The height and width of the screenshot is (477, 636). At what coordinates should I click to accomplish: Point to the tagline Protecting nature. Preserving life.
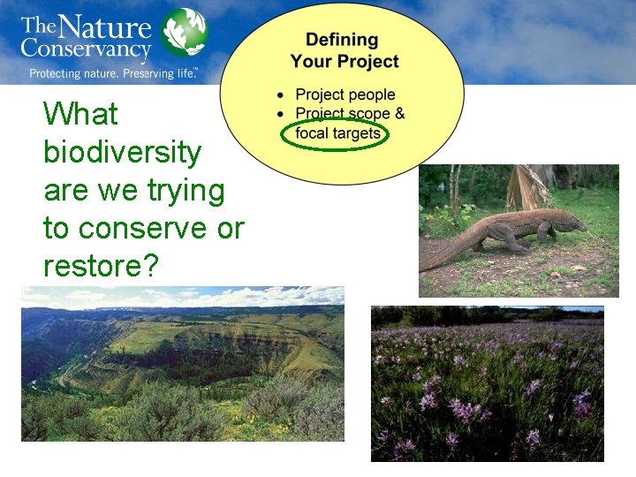[x=113, y=73]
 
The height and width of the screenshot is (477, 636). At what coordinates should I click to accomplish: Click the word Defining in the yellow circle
[x=341, y=40]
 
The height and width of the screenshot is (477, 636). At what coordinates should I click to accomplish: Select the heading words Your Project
[x=344, y=62]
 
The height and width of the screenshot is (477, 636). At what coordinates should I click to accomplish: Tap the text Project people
[x=344, y=95]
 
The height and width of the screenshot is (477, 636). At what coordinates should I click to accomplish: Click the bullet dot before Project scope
[x=280, y=114]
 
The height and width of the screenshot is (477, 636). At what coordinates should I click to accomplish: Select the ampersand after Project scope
[x=399, y=113]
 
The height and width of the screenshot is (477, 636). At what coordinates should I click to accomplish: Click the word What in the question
[x=80, y=114]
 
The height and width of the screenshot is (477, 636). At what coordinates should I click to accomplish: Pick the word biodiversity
[x=122, y=152]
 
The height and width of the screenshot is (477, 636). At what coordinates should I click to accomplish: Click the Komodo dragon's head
[x=570, y=222]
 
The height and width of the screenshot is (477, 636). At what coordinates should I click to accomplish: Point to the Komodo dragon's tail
[x=442, y=255]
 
